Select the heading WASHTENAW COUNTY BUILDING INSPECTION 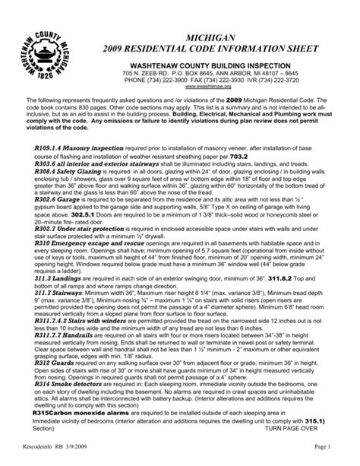pos(220,68)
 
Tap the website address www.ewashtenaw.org pos(220,88)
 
